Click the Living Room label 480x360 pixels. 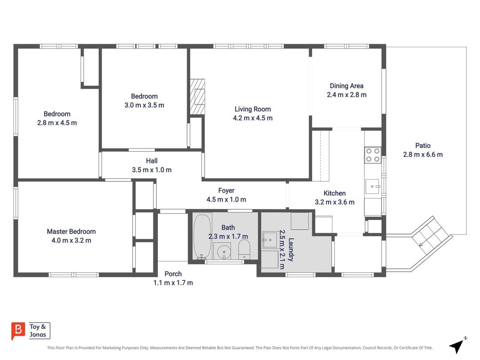point(252,109)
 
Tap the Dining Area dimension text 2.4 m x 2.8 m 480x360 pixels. point(346,94)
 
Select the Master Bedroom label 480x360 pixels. point(72,231)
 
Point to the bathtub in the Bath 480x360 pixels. point(202,237)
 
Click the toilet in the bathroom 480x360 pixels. point(244,249)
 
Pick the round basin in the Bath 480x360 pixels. point(224,252)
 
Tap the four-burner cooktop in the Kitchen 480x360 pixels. point(373,155)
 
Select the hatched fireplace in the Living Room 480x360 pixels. point(197,97)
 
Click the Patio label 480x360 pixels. point(423,146)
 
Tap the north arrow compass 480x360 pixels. point(458,346)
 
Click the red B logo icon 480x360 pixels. point(18,331)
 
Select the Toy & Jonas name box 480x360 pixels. point(40,331)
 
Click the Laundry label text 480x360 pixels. point(291,249)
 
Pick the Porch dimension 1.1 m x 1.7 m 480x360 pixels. point(173,283)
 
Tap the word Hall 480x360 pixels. point(152,161)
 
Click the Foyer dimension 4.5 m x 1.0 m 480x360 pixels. point(226,199)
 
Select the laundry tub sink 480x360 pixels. point(270,240)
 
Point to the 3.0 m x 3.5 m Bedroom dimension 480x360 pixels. point(144,105)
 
